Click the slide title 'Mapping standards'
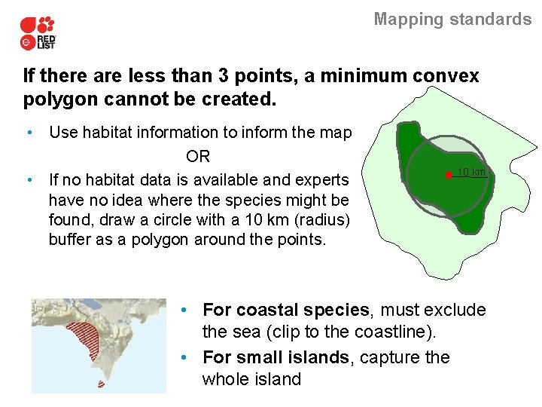click(452, 20)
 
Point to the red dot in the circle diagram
click(448, 175)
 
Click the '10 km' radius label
click(472, 173)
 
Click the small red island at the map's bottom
click(101, 384)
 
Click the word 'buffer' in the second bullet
click(70, 240)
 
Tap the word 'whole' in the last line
click(224, 380)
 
